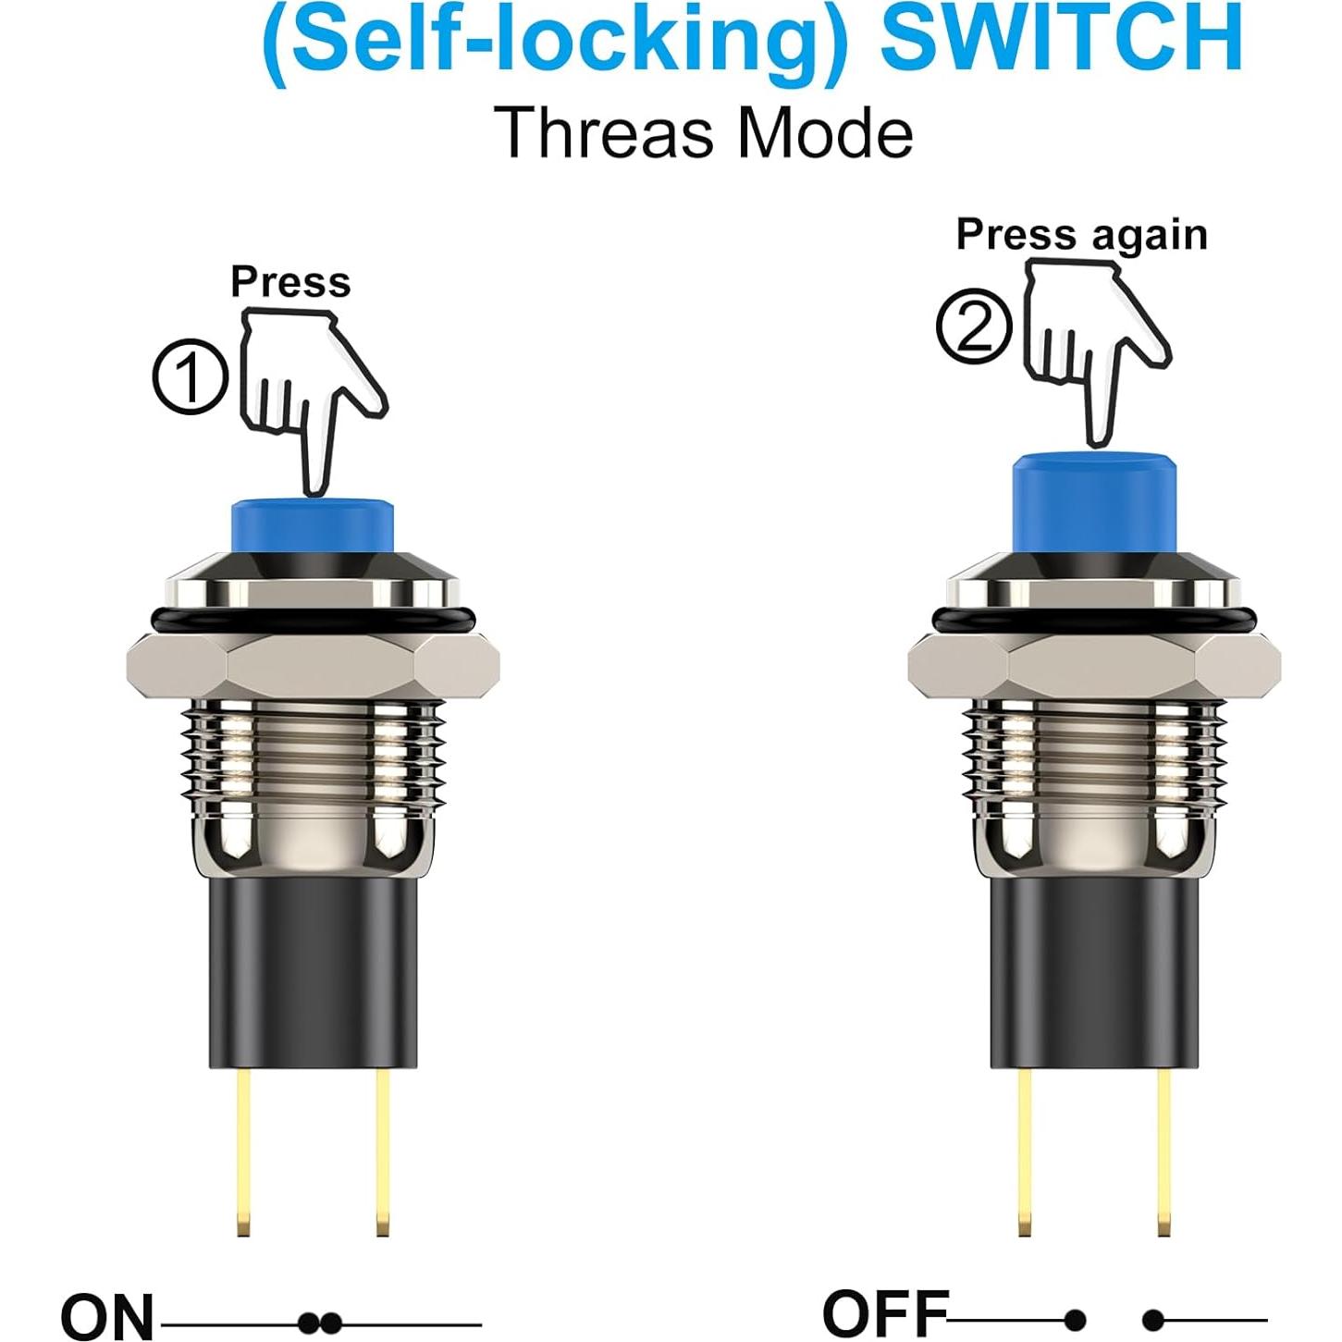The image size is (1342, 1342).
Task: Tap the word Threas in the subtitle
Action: pyautogui.click(x=604, y=133)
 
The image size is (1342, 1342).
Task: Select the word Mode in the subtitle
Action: pyautogui.click(x=826, y=133)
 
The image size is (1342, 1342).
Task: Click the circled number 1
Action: pyautogui.click(x=190, y=377)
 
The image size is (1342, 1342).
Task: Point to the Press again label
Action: pyautogui.click(x=1081, y=234)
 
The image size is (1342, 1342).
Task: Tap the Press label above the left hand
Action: pyautogui.click(x=290, y=281)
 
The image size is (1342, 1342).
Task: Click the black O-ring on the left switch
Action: pyautogui.click(x=313, y=619)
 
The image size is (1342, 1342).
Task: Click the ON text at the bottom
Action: pyautogui.click(x=107, y=1317)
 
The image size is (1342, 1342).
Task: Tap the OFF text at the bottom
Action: pyautogui.click(x=885, y=1312)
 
